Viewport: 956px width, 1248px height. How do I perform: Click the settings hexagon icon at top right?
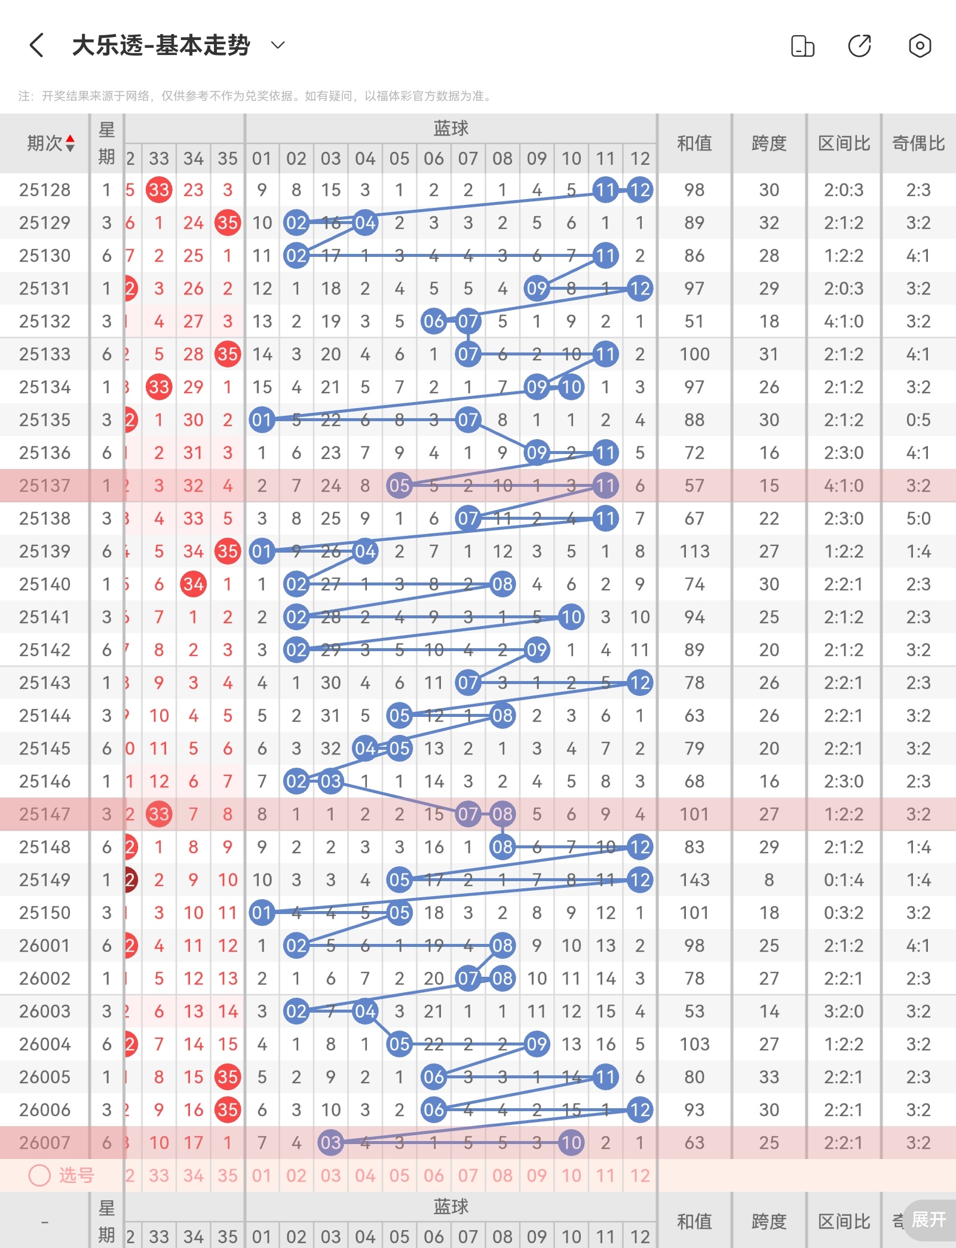coord(920,45)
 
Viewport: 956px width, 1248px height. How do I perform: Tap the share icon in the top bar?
coord(860,45)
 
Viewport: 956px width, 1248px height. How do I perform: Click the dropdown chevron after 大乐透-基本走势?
coord(278,45)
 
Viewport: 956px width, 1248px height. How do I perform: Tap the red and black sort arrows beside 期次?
coord(71,143)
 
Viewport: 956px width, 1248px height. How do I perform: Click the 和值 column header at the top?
coord(694,143)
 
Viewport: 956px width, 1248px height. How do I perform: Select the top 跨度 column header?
coord(769,143)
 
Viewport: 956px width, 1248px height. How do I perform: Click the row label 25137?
coord(45,486)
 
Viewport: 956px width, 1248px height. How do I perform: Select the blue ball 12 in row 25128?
coord(640,190)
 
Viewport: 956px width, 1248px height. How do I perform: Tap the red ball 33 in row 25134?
coord(159,387)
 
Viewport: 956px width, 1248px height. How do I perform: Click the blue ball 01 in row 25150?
coord(262,913)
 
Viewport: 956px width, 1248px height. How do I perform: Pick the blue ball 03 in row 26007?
coord(330,1143)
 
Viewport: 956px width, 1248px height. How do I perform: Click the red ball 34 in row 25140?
coord(193,584)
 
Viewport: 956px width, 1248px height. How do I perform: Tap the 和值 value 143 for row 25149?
coord(694,880)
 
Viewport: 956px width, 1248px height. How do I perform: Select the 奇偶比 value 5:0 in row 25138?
coord(918,519)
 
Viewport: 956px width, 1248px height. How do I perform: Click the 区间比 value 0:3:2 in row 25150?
coord(844,913)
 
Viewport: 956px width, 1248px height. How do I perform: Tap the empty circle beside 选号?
coord(39,1175)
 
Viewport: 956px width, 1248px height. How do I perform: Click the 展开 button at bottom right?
coord(928,1219)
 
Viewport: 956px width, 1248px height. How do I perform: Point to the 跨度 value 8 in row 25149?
coord(769,880)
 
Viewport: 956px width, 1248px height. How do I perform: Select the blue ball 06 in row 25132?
coord(434,321)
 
